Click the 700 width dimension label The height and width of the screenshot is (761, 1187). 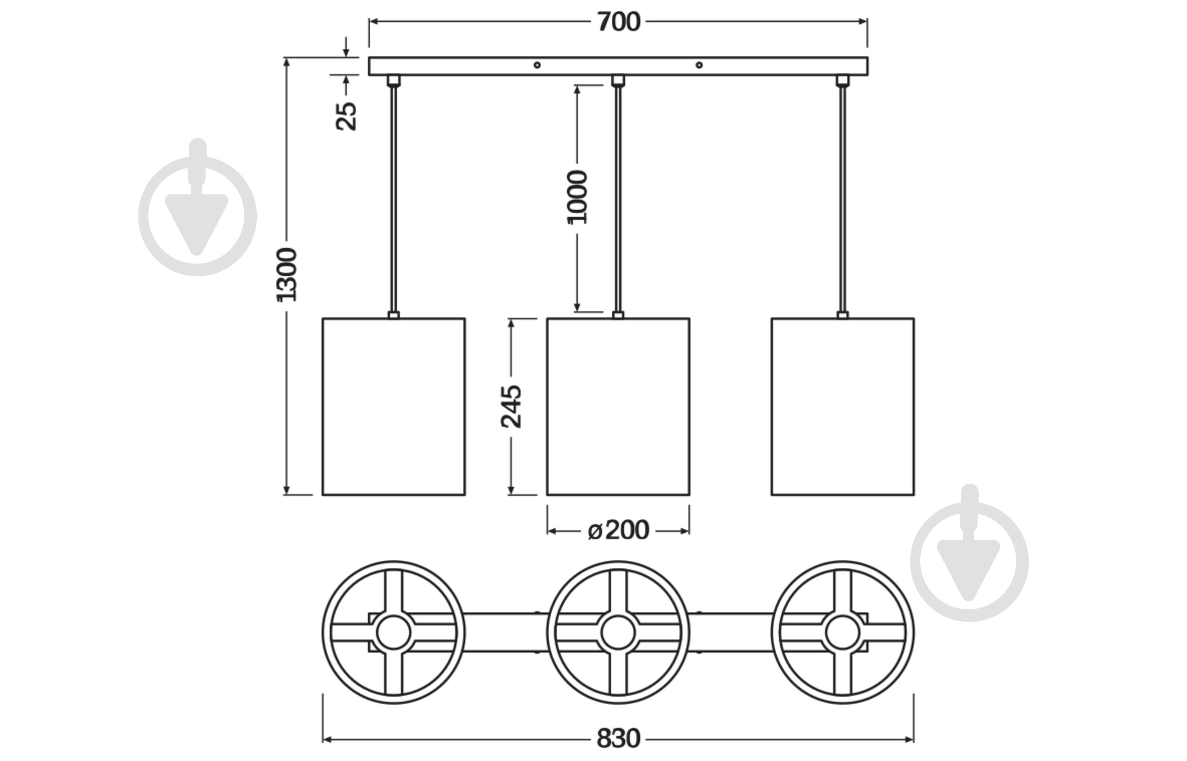click(x=618, y=22)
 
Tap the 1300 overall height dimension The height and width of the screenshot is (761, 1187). click(x=287, y=275)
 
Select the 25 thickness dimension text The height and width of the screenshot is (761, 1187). click(x=347, y=116)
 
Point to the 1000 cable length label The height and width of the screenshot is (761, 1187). click(x=577, y=197)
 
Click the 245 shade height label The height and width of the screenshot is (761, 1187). click(x=512, y=407)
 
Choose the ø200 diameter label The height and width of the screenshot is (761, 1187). click(x=618, y=531)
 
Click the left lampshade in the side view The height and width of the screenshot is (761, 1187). click(x=394, y=407)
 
